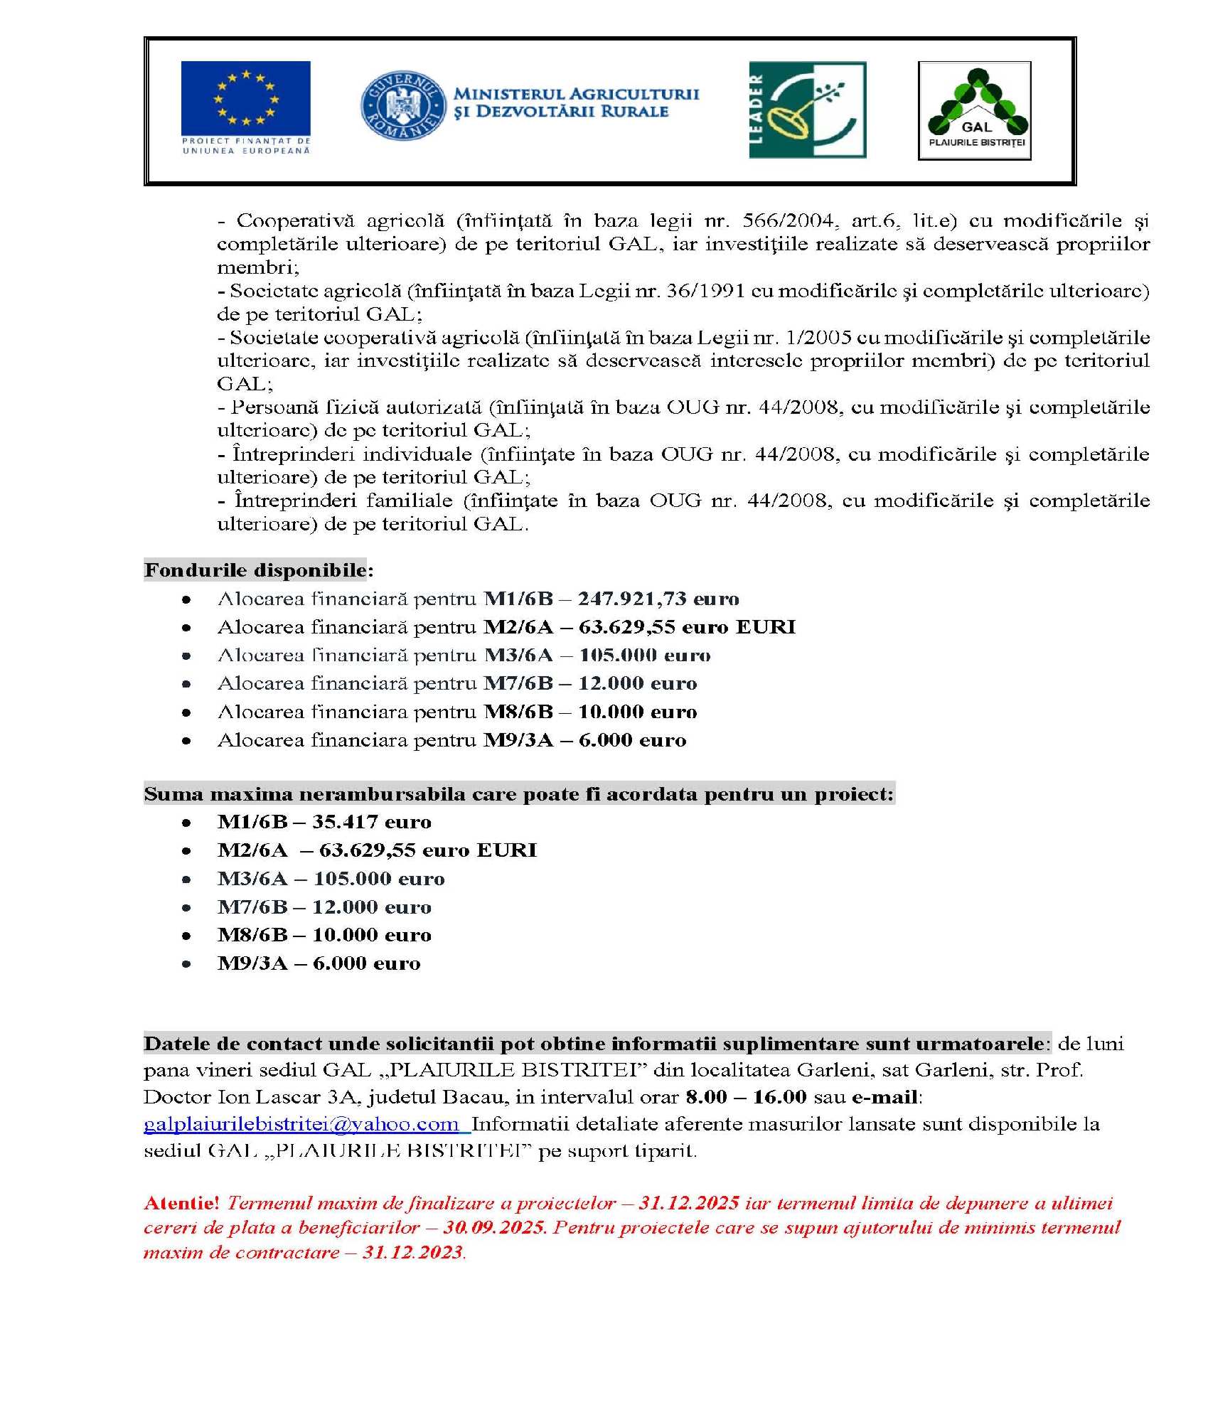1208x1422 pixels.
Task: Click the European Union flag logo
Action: pos(245,107)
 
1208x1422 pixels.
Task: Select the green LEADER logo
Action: pos(807,109)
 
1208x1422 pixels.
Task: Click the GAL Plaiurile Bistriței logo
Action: pos(974,110)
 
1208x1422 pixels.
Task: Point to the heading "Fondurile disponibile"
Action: pos(255,570)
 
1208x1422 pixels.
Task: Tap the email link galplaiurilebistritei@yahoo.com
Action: pos(301,1124)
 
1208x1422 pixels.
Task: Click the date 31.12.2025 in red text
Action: pos(689,1203)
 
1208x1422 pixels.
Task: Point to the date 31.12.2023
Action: pos(413,1253)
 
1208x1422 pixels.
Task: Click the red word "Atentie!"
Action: pos(181,1203)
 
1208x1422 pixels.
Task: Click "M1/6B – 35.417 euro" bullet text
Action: pos(324,822)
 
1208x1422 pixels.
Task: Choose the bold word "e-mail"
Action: pos(884,1097)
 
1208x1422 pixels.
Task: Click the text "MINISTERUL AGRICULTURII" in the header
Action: pos(576,94)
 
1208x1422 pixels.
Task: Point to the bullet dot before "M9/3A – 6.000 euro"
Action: pos(186,964)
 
